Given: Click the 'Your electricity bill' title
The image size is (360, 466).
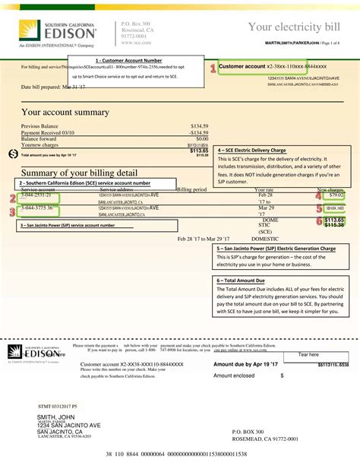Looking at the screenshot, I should pos(295,28).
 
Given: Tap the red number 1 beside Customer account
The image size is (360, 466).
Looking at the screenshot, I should pos(213,68).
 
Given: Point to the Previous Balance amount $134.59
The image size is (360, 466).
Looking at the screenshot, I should pos(199,126).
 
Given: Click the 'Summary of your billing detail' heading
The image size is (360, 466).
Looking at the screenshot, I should pos(79,172).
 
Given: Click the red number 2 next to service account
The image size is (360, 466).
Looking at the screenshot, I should pos(12,198).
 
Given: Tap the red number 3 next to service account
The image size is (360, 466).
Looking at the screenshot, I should pos(12,212).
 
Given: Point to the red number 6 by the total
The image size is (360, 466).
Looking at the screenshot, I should pos(319,221).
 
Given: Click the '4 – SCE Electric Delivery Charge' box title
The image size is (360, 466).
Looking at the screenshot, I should pos(252,151).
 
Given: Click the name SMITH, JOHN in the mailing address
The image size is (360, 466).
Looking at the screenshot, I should pos(56,417).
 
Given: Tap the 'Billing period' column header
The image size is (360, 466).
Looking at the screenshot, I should pos(191,189).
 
